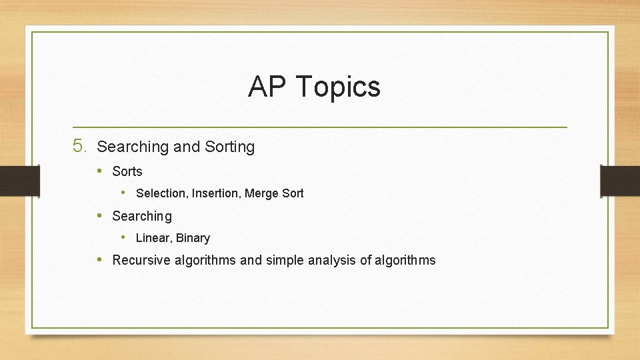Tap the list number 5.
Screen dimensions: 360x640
click(79, 146)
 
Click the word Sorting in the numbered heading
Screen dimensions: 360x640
click(230, 147)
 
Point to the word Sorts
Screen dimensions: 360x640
click(127, 171)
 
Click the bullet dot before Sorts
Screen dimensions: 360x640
click(99, 171)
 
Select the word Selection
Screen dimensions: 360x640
click(161, 193)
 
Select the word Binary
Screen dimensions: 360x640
click(193, 238)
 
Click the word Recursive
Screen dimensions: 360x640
click(141, 260)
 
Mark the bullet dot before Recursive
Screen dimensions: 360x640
click(99, 259)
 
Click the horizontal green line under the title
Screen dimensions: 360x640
click(320, 127)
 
